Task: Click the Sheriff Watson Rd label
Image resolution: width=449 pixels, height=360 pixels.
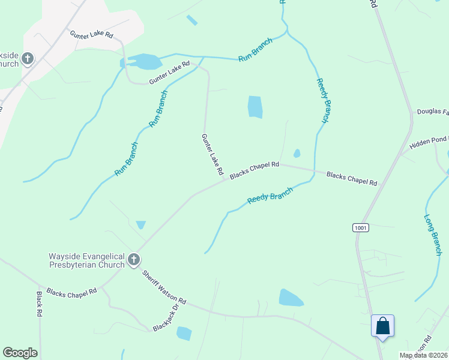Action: [x=164, y=287]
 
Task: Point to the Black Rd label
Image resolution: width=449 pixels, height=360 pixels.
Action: [x=40, y=304]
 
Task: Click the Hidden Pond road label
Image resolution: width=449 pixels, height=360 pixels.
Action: [x=429, y=143]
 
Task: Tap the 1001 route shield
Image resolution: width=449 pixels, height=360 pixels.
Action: [x=360, y=228]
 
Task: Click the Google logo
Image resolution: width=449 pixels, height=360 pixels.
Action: [x=20, y=353]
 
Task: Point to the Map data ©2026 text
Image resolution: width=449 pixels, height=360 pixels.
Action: [x=423, y=355]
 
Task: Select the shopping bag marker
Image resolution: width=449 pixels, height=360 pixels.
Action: [x=382, y=327]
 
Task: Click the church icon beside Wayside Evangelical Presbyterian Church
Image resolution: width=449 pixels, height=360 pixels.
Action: [x=134, y=260]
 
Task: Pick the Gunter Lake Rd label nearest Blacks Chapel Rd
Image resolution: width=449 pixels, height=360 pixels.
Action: [x=213, y=154]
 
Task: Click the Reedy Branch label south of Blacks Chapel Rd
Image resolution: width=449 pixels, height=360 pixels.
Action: [x=270, y=196]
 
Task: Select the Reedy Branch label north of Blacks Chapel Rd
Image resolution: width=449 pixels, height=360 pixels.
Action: [x=323, y=101]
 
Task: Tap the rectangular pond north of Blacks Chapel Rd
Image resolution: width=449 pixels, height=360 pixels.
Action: [x=255, y=107]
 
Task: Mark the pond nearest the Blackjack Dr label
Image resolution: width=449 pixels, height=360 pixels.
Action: [x=184, y=333]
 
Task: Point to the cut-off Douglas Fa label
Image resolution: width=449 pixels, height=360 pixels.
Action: [x=433, y=112]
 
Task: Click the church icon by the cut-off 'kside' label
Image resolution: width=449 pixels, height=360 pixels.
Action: [x=27, y=59]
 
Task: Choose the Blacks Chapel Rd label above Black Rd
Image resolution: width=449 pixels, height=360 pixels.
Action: [x=71, y=293]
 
